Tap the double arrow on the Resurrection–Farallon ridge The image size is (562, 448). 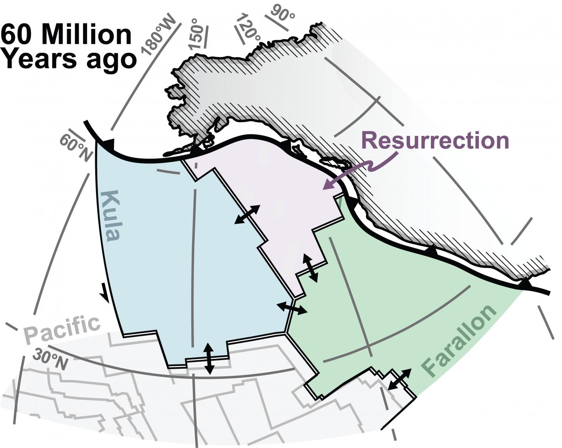click(x=311, y=268)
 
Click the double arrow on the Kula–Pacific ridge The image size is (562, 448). click(x=209, y=358)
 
